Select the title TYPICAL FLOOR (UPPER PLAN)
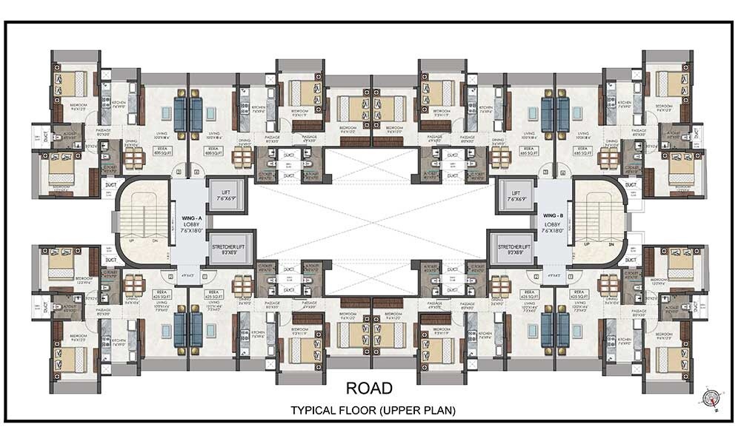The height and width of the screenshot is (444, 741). [x=372, y=409]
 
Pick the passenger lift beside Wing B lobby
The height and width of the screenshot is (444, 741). [x=516, y=196]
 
